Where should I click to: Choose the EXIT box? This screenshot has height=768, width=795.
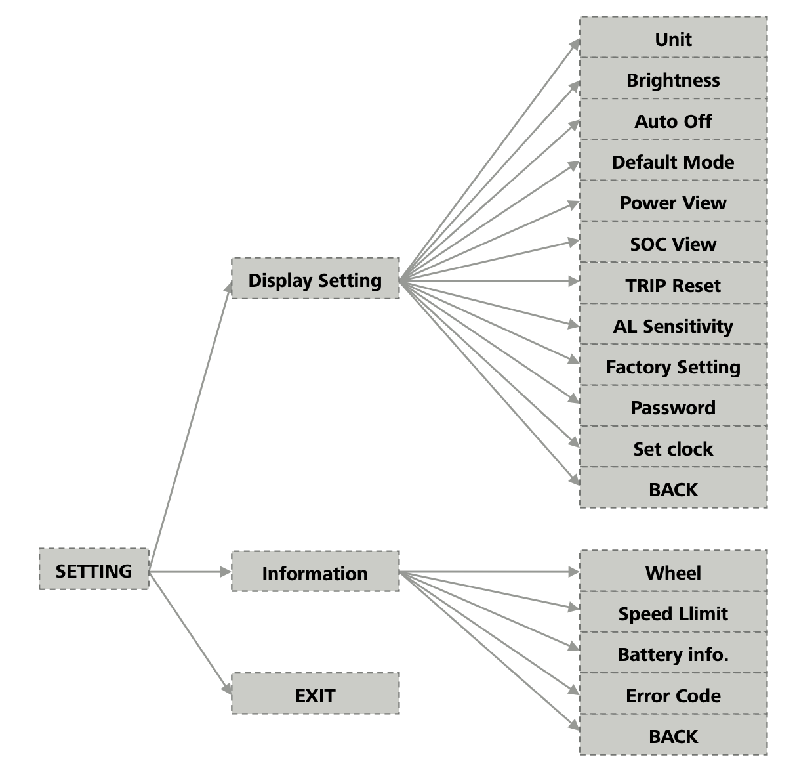(315, 694)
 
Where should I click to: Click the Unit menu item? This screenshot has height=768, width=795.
(673, 38)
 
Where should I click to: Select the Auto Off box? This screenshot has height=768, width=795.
(673, 120)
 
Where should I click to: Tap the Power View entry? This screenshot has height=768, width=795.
(673, 202)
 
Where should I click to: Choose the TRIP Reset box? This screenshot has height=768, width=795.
(673, 284)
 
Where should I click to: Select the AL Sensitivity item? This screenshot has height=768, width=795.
(673, 325)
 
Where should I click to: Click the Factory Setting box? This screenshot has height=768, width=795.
(673, 366)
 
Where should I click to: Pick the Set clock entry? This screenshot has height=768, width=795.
(673, 448)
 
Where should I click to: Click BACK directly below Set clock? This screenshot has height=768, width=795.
(673, 488)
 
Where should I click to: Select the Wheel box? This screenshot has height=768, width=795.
(673, 572)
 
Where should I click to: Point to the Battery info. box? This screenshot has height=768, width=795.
(673, 653)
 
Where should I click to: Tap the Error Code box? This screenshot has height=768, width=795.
(673, 694)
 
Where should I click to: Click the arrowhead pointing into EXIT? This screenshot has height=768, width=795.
(227, 689)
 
